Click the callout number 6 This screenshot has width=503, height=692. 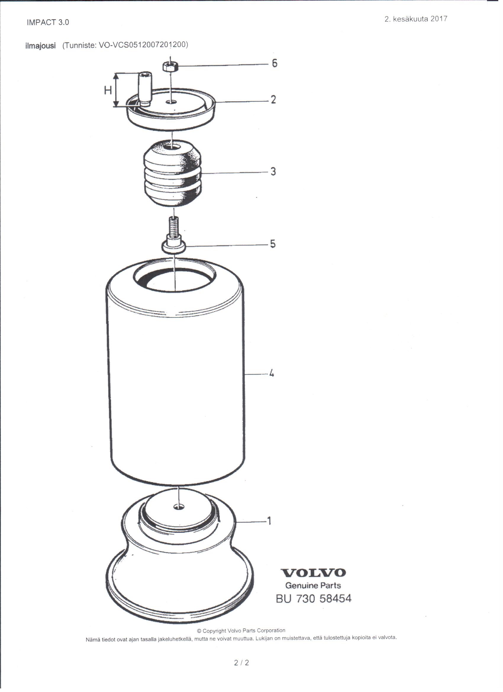(275, 63)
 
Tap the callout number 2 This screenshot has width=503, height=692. (273, 99)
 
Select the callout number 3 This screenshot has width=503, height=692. (273, 171)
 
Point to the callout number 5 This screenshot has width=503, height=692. (273, 244)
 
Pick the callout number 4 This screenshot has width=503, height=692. (271, 373)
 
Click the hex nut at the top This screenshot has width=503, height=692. (170, 66)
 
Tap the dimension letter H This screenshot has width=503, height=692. (108, 90)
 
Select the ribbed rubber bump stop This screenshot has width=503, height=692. (172, 173)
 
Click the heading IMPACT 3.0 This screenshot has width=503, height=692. (48, 22)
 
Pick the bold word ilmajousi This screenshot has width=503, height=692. (41, 46)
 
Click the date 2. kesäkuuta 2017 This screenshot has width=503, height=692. (416, 19)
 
